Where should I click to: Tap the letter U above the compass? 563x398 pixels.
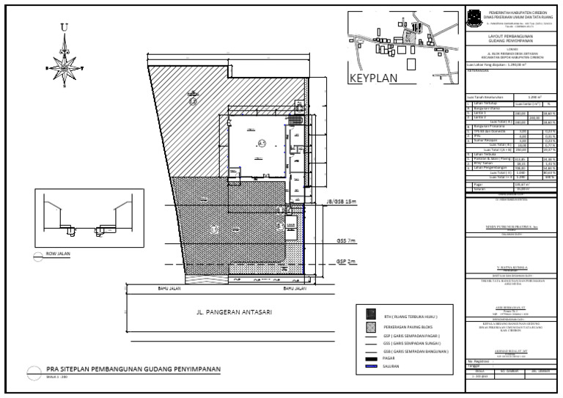point(65,28)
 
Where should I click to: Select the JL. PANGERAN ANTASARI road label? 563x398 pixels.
point(235,312)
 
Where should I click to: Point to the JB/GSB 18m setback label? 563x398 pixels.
point(339,201)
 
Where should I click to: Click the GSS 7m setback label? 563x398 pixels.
point(345,240)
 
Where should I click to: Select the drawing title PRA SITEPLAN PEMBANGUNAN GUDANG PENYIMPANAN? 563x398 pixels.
point(133,369)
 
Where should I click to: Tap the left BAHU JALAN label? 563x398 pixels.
point(169,290)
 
